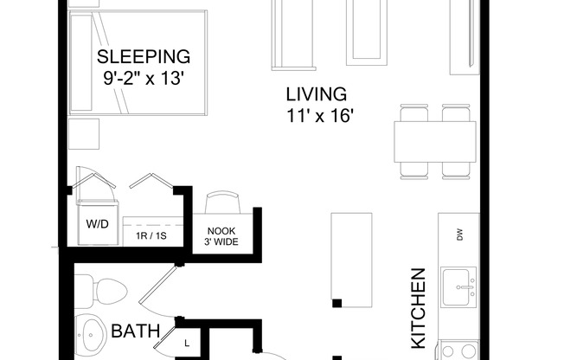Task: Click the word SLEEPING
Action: click(x=144, y=58)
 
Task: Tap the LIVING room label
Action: click(x=317, y=93)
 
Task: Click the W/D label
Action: click(x=96, y=222)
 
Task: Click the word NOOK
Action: click(x=221, y=230)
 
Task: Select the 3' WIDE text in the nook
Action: click(x=221, y=241)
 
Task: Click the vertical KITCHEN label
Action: click(x=419, y=308)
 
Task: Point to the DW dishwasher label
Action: click(x=458, y=234)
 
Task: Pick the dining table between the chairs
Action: click(x=435, y=141)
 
